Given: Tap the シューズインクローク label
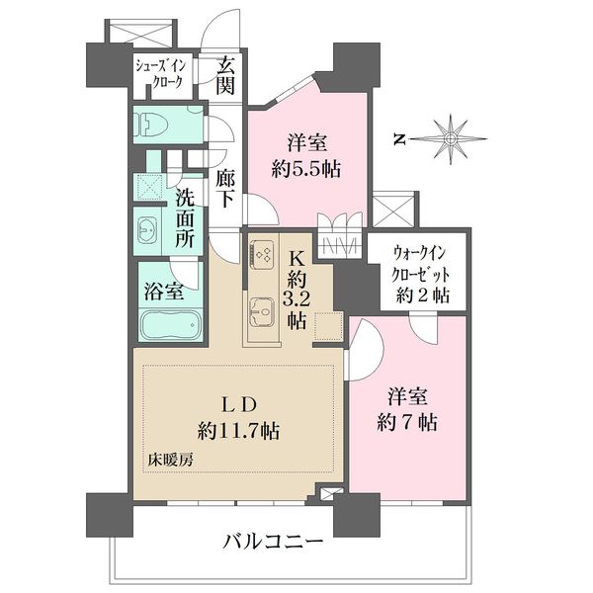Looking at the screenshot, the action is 160,74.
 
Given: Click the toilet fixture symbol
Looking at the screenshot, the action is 149,124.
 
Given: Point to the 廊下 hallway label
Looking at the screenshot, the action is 224,189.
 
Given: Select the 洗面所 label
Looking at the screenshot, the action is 184,219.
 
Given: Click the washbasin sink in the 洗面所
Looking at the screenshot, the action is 147,230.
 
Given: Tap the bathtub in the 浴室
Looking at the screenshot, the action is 169,325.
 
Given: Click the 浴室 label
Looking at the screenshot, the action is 164,292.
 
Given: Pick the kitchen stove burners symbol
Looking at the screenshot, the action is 261,252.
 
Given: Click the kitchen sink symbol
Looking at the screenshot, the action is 261,311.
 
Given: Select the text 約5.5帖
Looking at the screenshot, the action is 306,169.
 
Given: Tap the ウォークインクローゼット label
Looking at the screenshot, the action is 421,264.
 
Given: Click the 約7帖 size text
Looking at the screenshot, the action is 407,422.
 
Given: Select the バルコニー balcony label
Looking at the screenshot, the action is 273,543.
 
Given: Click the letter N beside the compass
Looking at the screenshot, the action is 397,139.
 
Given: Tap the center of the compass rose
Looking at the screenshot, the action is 450,138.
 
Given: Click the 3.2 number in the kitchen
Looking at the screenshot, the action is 296,300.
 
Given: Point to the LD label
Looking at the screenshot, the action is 239,405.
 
